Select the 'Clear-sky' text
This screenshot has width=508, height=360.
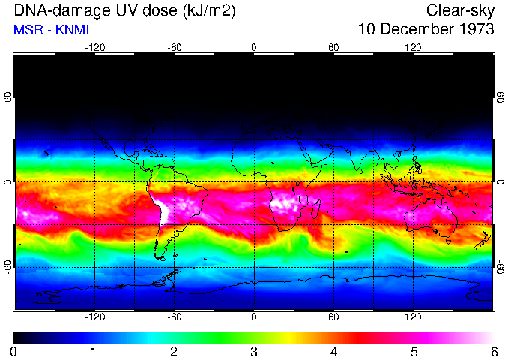pyautogui.click(x=460, y=11)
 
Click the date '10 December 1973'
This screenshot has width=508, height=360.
pyautogui.click(x=426, y=30)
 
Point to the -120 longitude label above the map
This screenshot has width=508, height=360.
pyautogui.click(x=94, y=47)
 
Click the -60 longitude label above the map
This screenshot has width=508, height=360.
pyautogui.click(x=175, y=47)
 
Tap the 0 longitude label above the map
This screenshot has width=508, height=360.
pyautogui.click(x=254, y=47)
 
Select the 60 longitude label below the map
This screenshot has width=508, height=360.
pyautogui.click(x=333, y=317)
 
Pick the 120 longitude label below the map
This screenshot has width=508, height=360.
pyautogui.click(x=413, y=317)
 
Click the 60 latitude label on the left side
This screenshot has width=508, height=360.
pyautogui.click(x=8, y=98)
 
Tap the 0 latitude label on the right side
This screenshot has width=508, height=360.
pyautogui.click(x=500, y=182)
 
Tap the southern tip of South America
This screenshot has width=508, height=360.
pyautogui.click(x=160, y=257)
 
